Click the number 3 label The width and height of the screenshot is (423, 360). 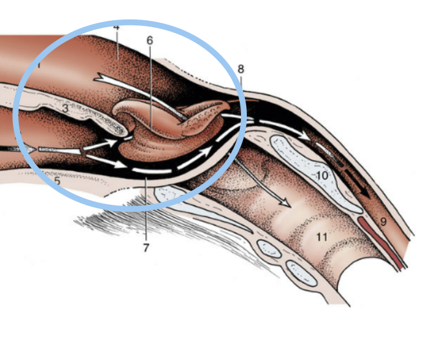tap(65, 109)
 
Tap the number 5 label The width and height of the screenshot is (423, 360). tap(57, 181)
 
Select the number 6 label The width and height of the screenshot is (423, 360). tap(149, 40)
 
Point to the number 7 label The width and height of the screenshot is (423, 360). tap(147, 248)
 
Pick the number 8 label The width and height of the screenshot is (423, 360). tap(241, 69)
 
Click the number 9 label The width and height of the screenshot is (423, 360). tap(383, 222)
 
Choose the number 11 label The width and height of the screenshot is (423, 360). tap(321, 237)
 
